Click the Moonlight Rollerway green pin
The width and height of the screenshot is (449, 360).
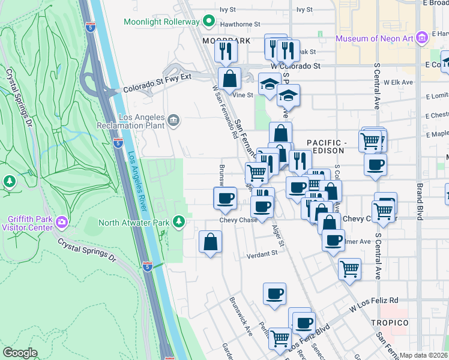(208, 22)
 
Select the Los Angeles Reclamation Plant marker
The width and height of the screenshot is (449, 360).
(173, 121)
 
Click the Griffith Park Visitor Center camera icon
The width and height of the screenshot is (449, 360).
(61, 223)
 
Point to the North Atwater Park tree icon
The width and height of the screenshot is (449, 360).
(178, 223)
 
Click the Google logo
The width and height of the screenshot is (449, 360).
(20, 353)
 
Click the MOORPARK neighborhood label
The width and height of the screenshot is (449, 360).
(217, 41)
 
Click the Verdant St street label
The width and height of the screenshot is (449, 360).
(262, 254)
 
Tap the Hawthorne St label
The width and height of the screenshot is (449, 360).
(240, 25)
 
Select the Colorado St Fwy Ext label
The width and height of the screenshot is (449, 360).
(157, 86)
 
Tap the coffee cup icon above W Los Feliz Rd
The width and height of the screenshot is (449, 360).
(274, 293)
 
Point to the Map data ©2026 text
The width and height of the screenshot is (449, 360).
(423, 355)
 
